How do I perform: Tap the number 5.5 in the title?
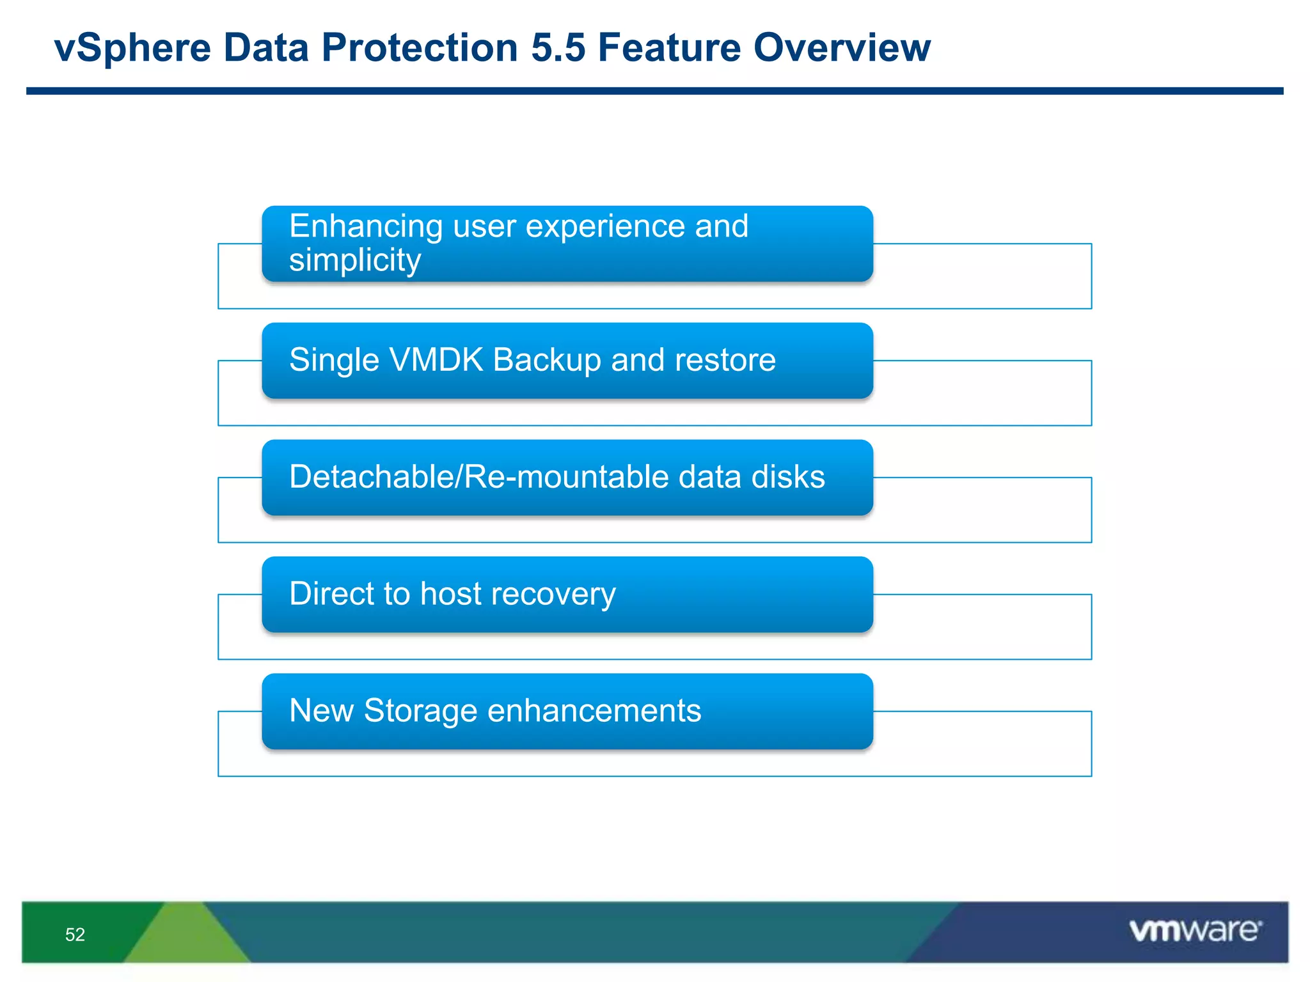tap(558, 48)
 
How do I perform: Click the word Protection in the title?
tap(419, 48)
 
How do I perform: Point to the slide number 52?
tap(75, 935)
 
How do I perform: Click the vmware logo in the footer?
tap(1195, 930)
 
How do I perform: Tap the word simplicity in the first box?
tap(355, 261)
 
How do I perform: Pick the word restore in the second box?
tap(725, 360)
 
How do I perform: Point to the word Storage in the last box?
tap(420, 711)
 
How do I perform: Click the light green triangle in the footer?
tap(186, 937)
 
